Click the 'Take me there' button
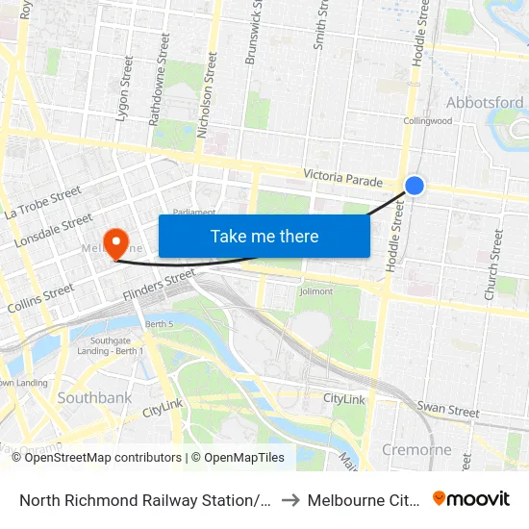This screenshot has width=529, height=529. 264,236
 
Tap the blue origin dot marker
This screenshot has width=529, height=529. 415,185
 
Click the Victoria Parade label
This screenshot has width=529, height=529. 343,178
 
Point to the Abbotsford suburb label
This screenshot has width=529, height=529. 485,102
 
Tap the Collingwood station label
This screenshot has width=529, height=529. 428,121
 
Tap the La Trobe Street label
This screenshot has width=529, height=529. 40,203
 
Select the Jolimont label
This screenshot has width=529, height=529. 315,291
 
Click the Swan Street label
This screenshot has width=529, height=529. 448,412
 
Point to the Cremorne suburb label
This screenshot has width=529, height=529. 416,450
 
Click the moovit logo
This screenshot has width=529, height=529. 471,499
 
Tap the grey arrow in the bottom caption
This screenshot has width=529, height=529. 290,500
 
